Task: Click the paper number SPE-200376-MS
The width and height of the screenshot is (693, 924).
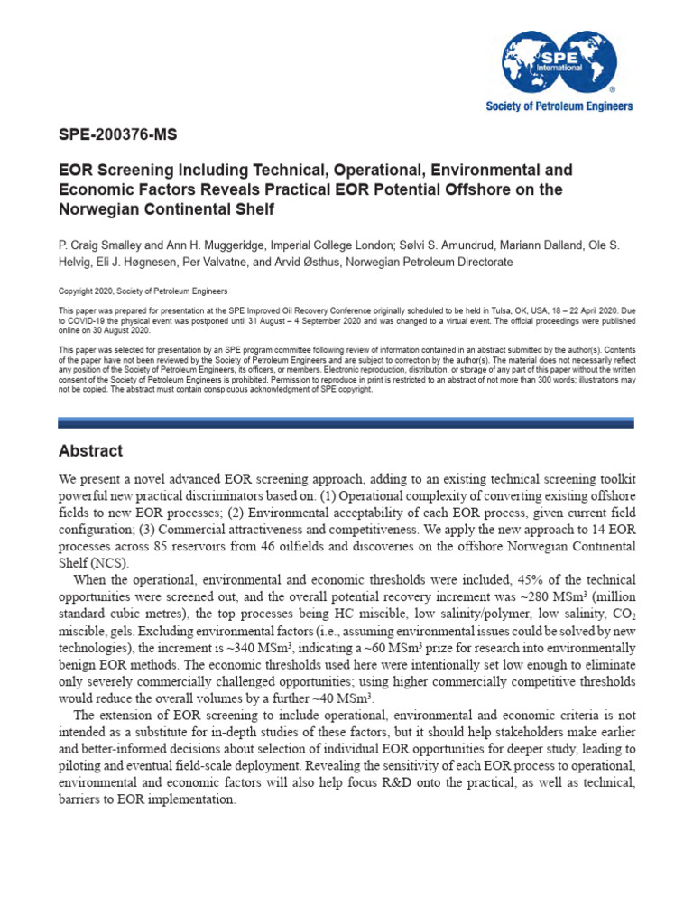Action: pos(117,136)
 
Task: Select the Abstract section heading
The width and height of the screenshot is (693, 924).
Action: pos(90,450)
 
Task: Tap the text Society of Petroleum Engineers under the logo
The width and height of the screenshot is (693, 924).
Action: pos(559,106)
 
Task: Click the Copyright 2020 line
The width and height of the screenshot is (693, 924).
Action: pos(143,291)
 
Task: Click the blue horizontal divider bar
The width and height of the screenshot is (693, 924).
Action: pos(346,421)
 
